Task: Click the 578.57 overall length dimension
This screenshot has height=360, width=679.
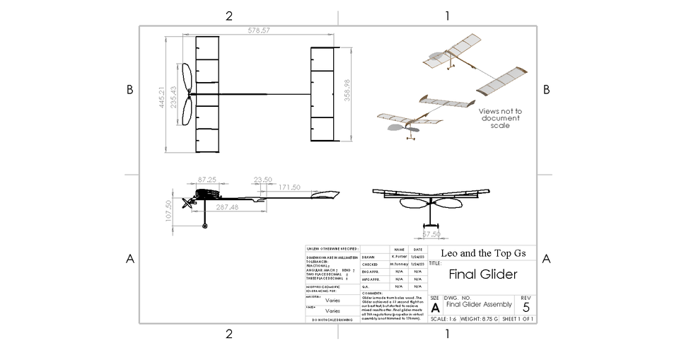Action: tap(259, 30)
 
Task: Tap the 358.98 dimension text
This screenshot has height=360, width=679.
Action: tap(347, 90)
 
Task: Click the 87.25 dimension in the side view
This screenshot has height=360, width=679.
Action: tap(207, 180)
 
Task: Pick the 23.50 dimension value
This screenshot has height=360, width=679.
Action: tap(262, 180)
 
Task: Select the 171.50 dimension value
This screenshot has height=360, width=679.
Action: tap(289, 187)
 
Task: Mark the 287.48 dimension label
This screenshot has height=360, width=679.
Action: tap(227, 208)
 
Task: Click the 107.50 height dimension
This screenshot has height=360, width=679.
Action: tap(168, 210)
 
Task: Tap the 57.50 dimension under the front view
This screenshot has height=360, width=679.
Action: tap(431, 233)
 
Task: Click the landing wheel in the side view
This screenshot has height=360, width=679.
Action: tap(205, 226)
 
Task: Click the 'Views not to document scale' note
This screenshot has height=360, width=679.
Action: tap(500, 118)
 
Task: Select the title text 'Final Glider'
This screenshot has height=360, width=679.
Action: tap(483, 274)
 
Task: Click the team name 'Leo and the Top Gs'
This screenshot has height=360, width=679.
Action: tap(483, 252)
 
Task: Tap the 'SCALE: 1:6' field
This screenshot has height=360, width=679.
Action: tap(443, 319)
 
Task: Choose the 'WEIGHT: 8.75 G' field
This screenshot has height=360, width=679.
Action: tap(480, 319)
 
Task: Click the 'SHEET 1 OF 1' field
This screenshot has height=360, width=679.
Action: tap(518, 319)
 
